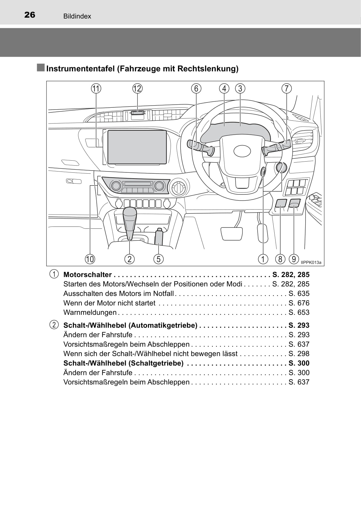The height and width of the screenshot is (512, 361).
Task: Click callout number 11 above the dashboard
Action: pyautogui.click(x=96, y=89)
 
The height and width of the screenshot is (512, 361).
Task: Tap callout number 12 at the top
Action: pyautogui.click(x=137, y=89)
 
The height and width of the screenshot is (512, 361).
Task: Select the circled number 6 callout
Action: pyautogui.click(x=196, y=89)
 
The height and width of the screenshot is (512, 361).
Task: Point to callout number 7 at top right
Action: pyautogui.click(x=287, y=89)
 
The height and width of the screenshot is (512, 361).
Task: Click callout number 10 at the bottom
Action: pyautogui.click(x=90, y=259)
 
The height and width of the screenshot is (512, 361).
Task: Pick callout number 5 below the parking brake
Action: pyautogui.click(x=159, y=259)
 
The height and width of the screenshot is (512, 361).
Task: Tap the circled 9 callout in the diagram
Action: pyautogui.click(x=294, y=259)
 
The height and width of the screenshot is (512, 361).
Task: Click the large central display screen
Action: pyautogui.click(x=137, y=147)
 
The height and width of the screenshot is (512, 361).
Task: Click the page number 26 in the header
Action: pyautogui.click(x=30, y=15)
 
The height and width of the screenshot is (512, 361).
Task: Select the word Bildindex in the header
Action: pyautogui.click(x=77, y=16)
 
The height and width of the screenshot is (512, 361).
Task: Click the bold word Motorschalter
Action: pyautogui.click(x=88, y=275)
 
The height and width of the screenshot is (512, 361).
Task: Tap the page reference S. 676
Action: pyautogui.click(x=299, y=303)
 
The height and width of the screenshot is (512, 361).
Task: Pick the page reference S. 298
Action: pyautogui.click(x=299, y=354)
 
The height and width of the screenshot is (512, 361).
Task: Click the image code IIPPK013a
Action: pyautogui.click(x=311, y=263)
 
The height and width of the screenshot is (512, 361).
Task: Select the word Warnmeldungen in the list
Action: pyautogui.click(x=90, y=312)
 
